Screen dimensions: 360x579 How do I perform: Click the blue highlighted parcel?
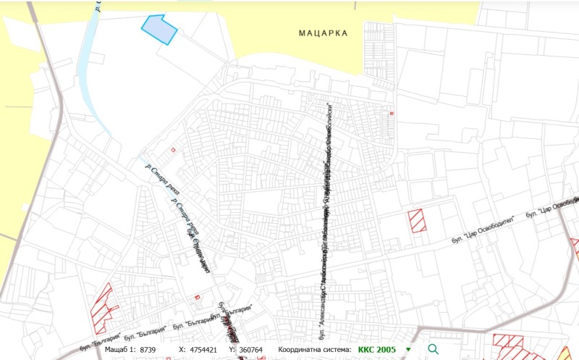[x=159, y=30]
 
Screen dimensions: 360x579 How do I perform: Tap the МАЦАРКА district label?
[x=324, y=33]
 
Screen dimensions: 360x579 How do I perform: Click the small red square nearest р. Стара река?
[x=173, y=149]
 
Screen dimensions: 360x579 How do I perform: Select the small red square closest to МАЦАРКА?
[x=392, y=113]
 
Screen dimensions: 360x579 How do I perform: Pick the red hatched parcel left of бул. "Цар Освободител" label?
[x=416, y=220]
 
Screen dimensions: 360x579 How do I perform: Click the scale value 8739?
[x=148, y=349]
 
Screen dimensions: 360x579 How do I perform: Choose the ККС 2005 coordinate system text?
[x=376, y=349]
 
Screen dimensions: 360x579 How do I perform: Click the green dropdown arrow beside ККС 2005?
[x=408, y=350]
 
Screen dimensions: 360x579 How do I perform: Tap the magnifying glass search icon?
[x=434, y=349]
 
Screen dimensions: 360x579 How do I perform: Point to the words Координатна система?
[x=316, y=349]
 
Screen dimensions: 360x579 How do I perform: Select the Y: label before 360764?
[x=232, y=349]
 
